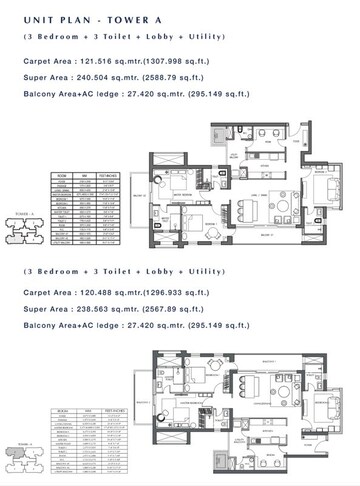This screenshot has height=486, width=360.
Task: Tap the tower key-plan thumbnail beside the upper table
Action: pyautogui.click(x=22, y=227)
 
